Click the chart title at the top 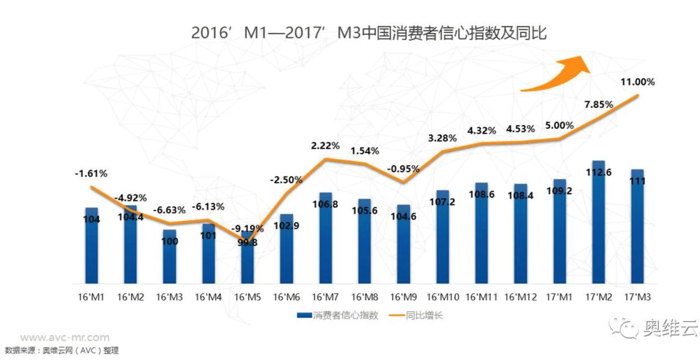click(x=368, y=33)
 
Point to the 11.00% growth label click(x=637, y=82)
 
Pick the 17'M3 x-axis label click(x=637, y=297)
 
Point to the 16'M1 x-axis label click(x=92, y=297)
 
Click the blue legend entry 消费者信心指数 click(x=337, y=316)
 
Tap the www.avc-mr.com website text click(x=65, y=337)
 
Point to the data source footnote click(x=62, y=351)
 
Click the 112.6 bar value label click(x=598, y=172)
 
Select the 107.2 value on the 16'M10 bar click(x=442, y=202)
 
